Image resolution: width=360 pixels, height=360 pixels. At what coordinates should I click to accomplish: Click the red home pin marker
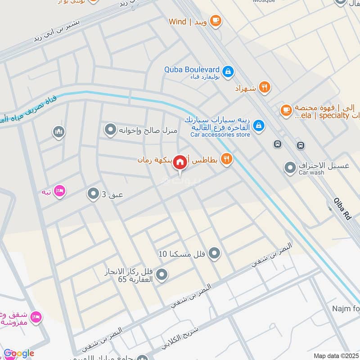[180, 162]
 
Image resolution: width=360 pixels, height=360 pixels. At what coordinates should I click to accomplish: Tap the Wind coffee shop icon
[216, 21]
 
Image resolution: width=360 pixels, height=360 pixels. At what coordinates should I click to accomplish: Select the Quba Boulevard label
[192, 70]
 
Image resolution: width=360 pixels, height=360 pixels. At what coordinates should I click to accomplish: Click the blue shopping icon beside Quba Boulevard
[228, 71]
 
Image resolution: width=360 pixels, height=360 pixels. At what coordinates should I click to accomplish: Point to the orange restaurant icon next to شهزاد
[265, 88]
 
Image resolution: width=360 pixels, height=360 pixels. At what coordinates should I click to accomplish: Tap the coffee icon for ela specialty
[286, 109]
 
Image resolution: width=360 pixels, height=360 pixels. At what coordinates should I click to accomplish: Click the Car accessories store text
[220, 134]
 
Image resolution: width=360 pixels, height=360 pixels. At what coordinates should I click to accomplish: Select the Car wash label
[311, 173]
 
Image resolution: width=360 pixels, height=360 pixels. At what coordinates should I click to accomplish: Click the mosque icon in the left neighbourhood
[58, 132]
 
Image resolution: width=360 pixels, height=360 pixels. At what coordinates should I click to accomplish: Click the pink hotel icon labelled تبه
[59, 192]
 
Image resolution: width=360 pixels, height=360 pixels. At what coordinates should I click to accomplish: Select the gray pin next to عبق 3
[93, 194]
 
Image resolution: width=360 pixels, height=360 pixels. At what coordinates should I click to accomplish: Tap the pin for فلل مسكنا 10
[215, 254]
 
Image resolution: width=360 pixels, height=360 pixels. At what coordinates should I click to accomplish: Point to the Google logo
[19, 353]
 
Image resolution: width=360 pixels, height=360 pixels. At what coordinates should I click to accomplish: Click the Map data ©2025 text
[335, 355]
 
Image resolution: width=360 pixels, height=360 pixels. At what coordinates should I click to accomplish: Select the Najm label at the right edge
[346, 309]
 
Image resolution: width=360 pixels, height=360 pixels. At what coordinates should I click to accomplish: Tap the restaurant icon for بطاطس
[227, 158]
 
